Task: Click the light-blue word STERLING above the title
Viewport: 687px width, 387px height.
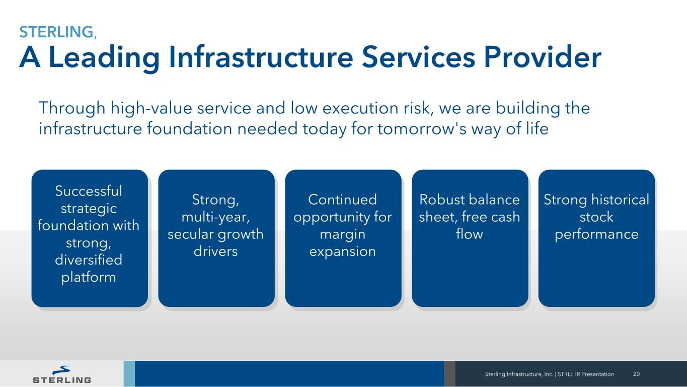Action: click(56, 32)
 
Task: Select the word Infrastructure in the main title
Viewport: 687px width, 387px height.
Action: click(261, 57)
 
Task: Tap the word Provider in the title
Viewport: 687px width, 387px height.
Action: click(543, 57)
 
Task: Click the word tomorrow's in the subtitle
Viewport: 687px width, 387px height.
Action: click(422, 128)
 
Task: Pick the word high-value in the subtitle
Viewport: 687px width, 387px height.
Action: click(151, 109)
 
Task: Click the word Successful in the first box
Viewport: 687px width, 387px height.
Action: click(89, 191)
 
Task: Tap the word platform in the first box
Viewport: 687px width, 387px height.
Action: click(89, 278)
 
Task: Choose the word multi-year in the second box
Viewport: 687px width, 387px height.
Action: click(215, 218)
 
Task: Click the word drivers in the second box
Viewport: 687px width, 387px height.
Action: click(215, 251)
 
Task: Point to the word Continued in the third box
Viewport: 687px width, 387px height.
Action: click(343, 200)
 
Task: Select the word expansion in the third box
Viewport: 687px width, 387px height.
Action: click(343, 252)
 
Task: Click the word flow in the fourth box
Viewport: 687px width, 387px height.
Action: click(470, 234)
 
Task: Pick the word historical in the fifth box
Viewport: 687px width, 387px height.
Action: click(621, 200)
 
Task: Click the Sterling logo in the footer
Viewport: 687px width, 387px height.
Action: click(62, 374)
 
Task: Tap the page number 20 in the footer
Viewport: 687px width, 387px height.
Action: click(636, 374)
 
